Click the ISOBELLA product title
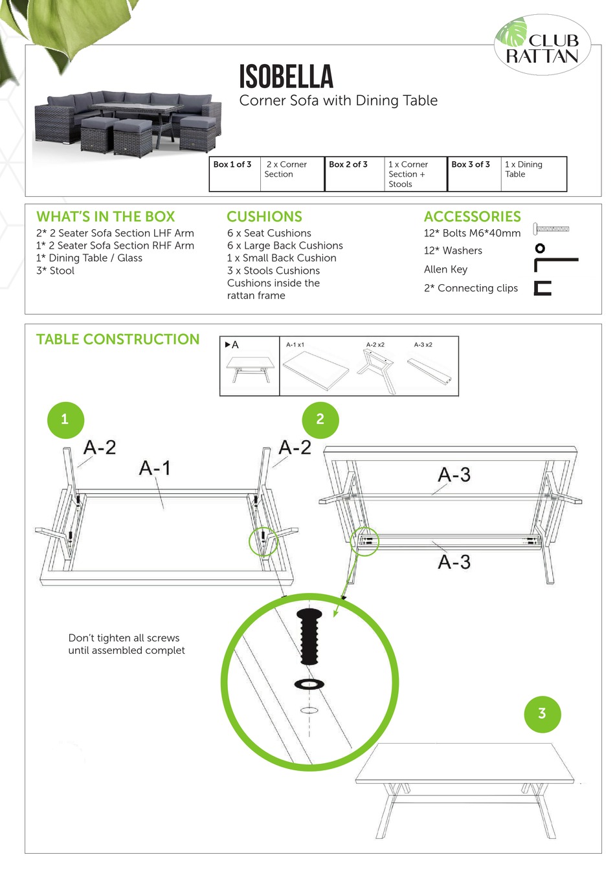(x=286, y=77)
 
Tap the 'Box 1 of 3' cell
(x=232, y=165)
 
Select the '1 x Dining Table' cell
(x=524, y=170)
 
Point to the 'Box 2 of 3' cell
(x=348, y=165)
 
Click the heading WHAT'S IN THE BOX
(x=106, y=217)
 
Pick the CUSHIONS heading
(x=264, y=217)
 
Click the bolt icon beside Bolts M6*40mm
(x=551, y=229)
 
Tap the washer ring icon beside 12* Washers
(x=539, y=248)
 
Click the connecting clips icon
(x=542, y=289)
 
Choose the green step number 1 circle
(x=65, y=419)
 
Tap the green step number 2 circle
(x=320, y=419)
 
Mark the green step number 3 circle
(x=542, y=714)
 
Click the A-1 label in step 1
(x=155, y=468)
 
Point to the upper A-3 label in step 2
(x=454, y=475)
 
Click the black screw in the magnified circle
(x=309, y=636)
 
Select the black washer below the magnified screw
(x=309, y=684)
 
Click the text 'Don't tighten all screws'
(x=124, y=638)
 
